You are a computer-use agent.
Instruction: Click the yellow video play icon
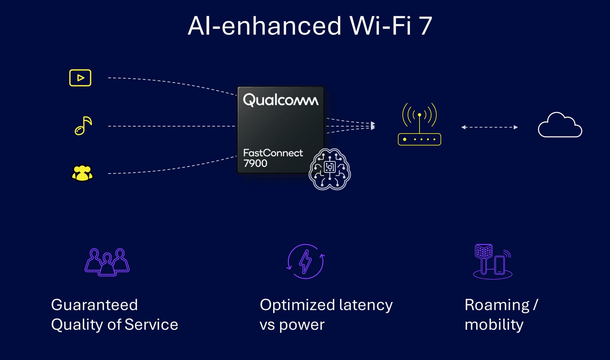coord(80,78)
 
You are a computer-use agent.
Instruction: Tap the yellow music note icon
coord(83,126)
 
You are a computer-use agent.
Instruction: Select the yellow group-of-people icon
coord(82,173)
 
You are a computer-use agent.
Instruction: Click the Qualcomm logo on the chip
coord(281,100)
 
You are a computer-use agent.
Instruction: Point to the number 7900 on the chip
coord(255,163)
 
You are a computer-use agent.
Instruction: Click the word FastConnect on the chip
coord(273,153)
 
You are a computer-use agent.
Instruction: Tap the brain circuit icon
coord(330,169)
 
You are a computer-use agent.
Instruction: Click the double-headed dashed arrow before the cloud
coord(489,127)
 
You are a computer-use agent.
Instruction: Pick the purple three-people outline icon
coord(107,262)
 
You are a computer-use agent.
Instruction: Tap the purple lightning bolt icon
coord(306,262)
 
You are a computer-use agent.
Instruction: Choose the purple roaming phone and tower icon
coord(492,262)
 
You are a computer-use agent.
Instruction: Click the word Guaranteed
coord(94,305)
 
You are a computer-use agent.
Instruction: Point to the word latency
coord(366,305)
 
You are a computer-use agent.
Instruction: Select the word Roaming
coord(497,305)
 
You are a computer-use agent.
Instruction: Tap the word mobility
coord(494,325)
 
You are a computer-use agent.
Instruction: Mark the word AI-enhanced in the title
coord(264,26)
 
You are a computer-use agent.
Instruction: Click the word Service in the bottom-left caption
coord(151,325)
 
